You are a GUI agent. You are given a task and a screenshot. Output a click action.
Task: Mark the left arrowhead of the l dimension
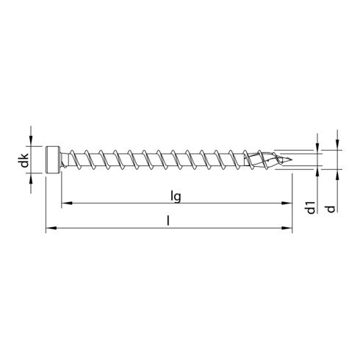tap(50, 230)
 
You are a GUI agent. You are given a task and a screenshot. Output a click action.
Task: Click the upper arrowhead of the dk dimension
tap(31, 144)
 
